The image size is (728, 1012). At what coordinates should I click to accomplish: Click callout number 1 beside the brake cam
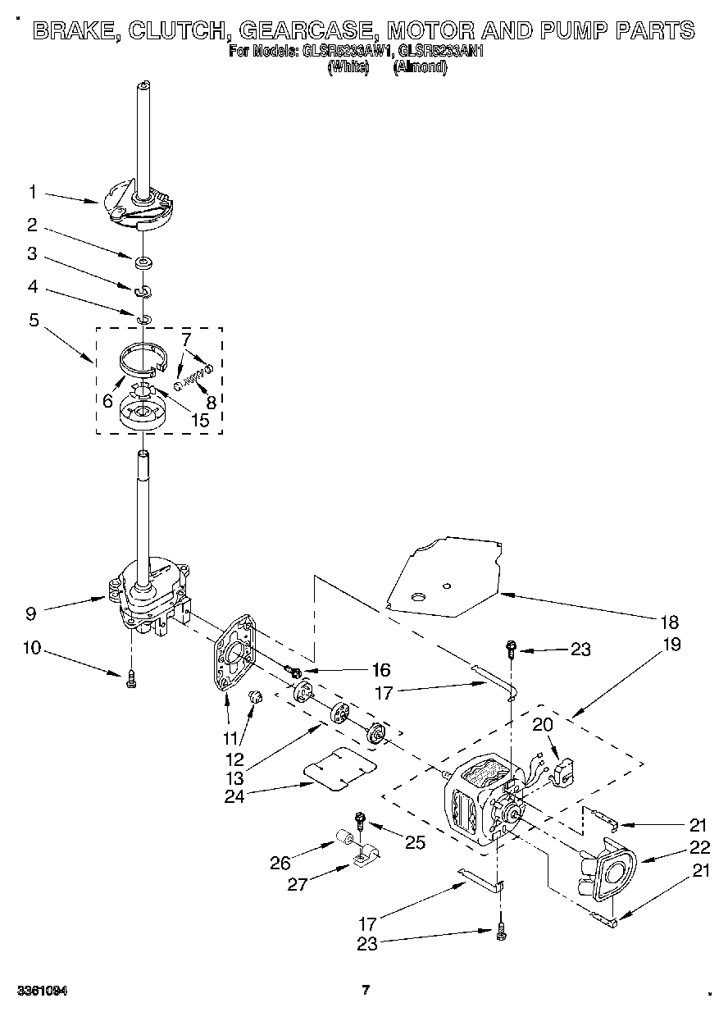[32, 193]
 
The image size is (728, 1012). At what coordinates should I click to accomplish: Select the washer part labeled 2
[143, 262]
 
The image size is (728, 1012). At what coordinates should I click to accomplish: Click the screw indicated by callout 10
[131, 679]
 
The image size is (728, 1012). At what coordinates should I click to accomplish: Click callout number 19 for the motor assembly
[671, 644]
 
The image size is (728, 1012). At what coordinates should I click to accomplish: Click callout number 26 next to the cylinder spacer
[280, 862]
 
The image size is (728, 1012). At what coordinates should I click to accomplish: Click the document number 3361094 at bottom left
[41, 991]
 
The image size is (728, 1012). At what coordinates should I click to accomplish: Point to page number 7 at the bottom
[366, 990]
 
